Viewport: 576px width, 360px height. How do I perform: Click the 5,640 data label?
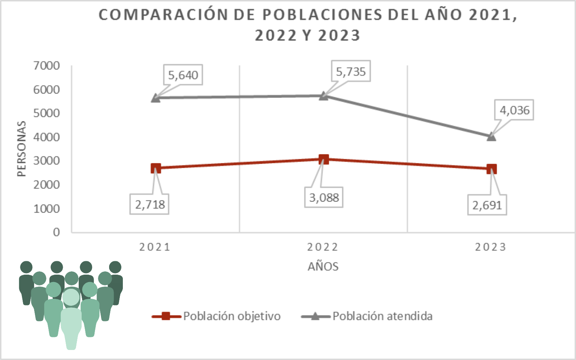[183, 75]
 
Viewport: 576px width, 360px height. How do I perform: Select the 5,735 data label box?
[351, 72]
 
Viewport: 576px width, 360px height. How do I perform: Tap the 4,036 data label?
[514, 110]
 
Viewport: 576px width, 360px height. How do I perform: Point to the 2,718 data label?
[150, 204]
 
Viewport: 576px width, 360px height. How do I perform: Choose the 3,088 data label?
[324, 197]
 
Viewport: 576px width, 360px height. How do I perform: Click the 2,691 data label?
[487, 205]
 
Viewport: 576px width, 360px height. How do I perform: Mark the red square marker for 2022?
[324, 159]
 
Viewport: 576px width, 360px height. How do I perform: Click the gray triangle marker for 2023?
[491, 137]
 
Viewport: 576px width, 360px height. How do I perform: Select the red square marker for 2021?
[156, 168]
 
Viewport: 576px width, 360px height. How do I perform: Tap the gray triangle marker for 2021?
[156, 98]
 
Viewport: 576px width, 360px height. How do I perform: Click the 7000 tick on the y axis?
[46, 66]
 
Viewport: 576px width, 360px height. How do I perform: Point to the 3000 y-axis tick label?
[46, 161]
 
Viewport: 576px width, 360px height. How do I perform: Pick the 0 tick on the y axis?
[56, 232]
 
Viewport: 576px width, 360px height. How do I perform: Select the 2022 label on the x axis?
[323, 247]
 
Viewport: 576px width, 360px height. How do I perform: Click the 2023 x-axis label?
[491, 247]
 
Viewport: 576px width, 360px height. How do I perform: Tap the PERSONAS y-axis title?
[22, 149]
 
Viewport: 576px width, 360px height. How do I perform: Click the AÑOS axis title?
[323, 266]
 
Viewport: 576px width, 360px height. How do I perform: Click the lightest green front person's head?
[71, 297]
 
